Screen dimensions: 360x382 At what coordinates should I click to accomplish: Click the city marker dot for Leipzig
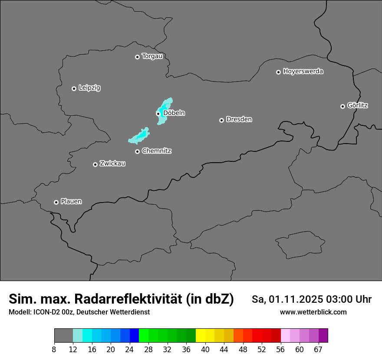coord(74,88)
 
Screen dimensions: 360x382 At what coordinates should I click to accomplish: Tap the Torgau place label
coord(152,56)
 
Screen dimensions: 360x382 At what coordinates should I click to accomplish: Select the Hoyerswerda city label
coord(303,71)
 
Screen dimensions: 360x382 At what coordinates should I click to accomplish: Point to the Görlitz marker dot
coord(342,106)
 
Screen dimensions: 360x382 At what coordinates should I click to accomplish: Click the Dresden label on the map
coord(239,119)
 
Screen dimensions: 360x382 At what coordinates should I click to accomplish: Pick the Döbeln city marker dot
coord(158,114)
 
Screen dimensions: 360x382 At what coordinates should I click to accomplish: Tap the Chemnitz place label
coord(156,151)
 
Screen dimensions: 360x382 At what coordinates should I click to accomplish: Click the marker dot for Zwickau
coord(95,164)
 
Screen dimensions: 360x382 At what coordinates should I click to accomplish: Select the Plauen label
coord(71,201)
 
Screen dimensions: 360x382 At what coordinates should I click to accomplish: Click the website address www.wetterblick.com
coord(313,312)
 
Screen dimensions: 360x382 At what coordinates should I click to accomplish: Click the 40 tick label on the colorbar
coord(205,350)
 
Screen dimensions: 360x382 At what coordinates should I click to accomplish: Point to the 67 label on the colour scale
coord(318,350)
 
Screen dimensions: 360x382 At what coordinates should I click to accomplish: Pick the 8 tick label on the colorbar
coord(54,350)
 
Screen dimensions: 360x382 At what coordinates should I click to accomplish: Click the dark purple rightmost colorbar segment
coord(323,335)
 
